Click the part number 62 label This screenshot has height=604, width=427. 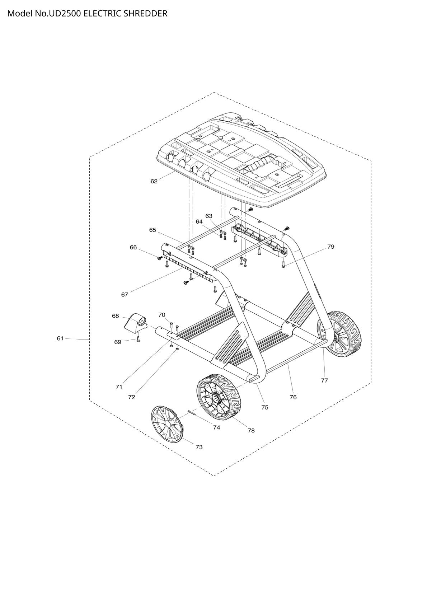pos(154,182)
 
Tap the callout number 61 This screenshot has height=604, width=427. pos(60,338)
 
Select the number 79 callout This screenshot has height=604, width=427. pos(331,247)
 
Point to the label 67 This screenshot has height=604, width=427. pos(125,295)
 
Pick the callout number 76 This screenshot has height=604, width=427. pos(293,397)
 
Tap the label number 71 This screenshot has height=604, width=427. pos(119,387)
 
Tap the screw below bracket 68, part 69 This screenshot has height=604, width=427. pos(138,338)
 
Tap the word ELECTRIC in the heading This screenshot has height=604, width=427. pos(102,14)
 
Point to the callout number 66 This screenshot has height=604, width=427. pos(133,247)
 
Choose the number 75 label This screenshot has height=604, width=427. pos(265,407)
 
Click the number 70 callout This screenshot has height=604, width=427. pos(162,315)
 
